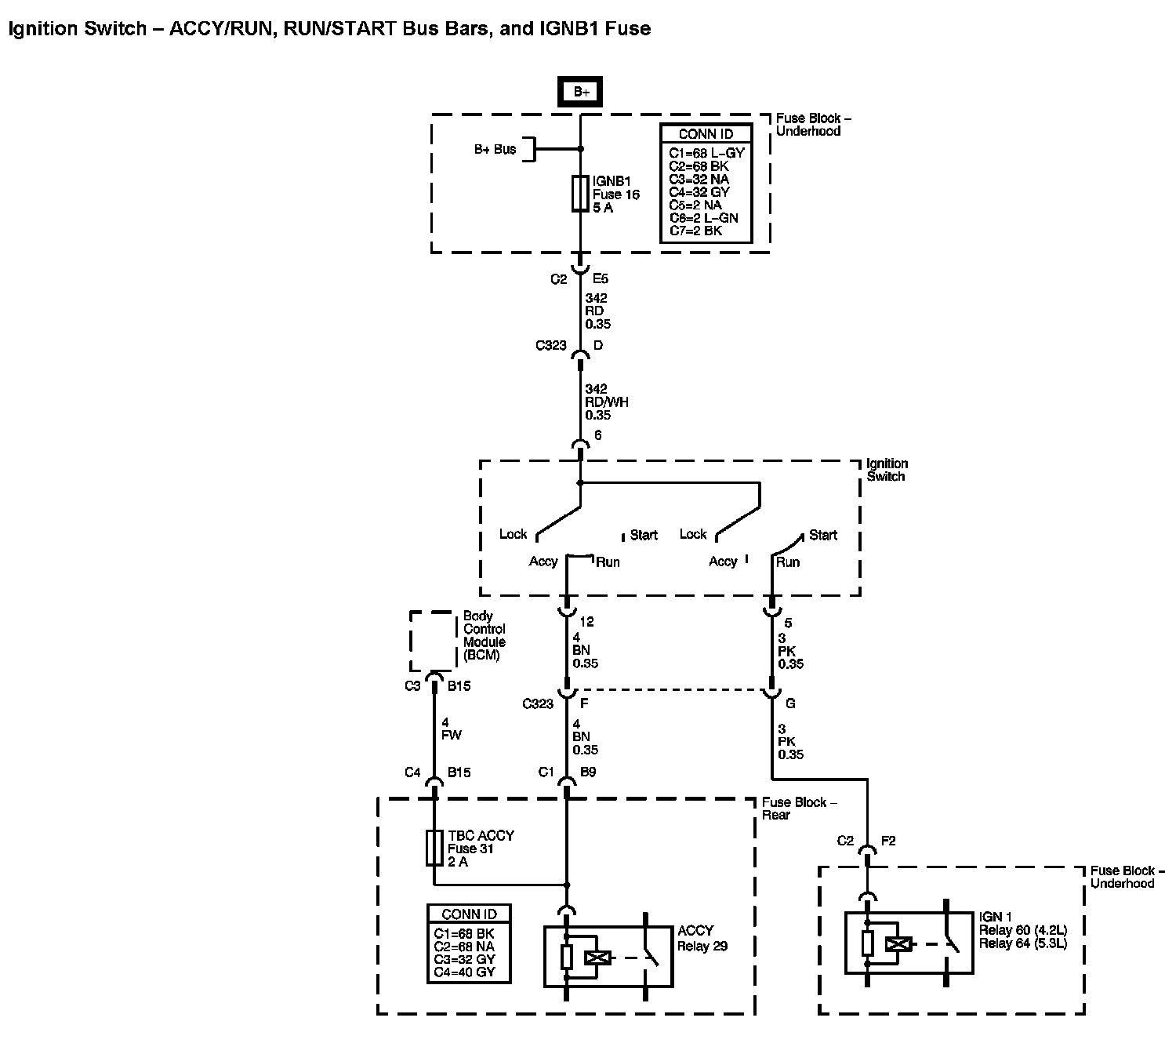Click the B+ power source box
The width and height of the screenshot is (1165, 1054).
581,92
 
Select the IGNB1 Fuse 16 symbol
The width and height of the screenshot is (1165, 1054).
580,193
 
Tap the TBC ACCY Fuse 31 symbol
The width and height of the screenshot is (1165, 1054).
434,848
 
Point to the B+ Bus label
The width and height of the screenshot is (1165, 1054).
495,149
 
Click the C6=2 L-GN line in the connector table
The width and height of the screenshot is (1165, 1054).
703,218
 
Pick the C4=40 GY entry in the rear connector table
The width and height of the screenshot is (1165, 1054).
463,972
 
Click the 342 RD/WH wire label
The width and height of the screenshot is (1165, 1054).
606,402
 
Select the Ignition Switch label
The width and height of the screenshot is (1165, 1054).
887,470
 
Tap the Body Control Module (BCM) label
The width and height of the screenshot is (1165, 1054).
485,635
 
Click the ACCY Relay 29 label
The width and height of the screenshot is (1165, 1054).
702,938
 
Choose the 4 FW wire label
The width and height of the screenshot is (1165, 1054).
452,729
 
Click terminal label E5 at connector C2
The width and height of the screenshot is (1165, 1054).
601,278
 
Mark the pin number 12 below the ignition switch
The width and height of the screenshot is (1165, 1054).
586,622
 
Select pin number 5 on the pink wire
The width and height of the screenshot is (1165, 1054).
788,623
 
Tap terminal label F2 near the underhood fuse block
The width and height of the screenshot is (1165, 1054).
888,841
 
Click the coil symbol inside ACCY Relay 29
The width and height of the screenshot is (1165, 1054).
598,957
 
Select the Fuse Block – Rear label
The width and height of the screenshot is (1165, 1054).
794,808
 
